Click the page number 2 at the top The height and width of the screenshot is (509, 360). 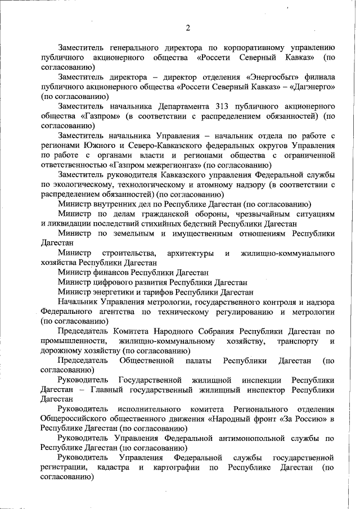[x=188, y=28]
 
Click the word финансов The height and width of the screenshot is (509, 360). [x=107, y=272]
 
